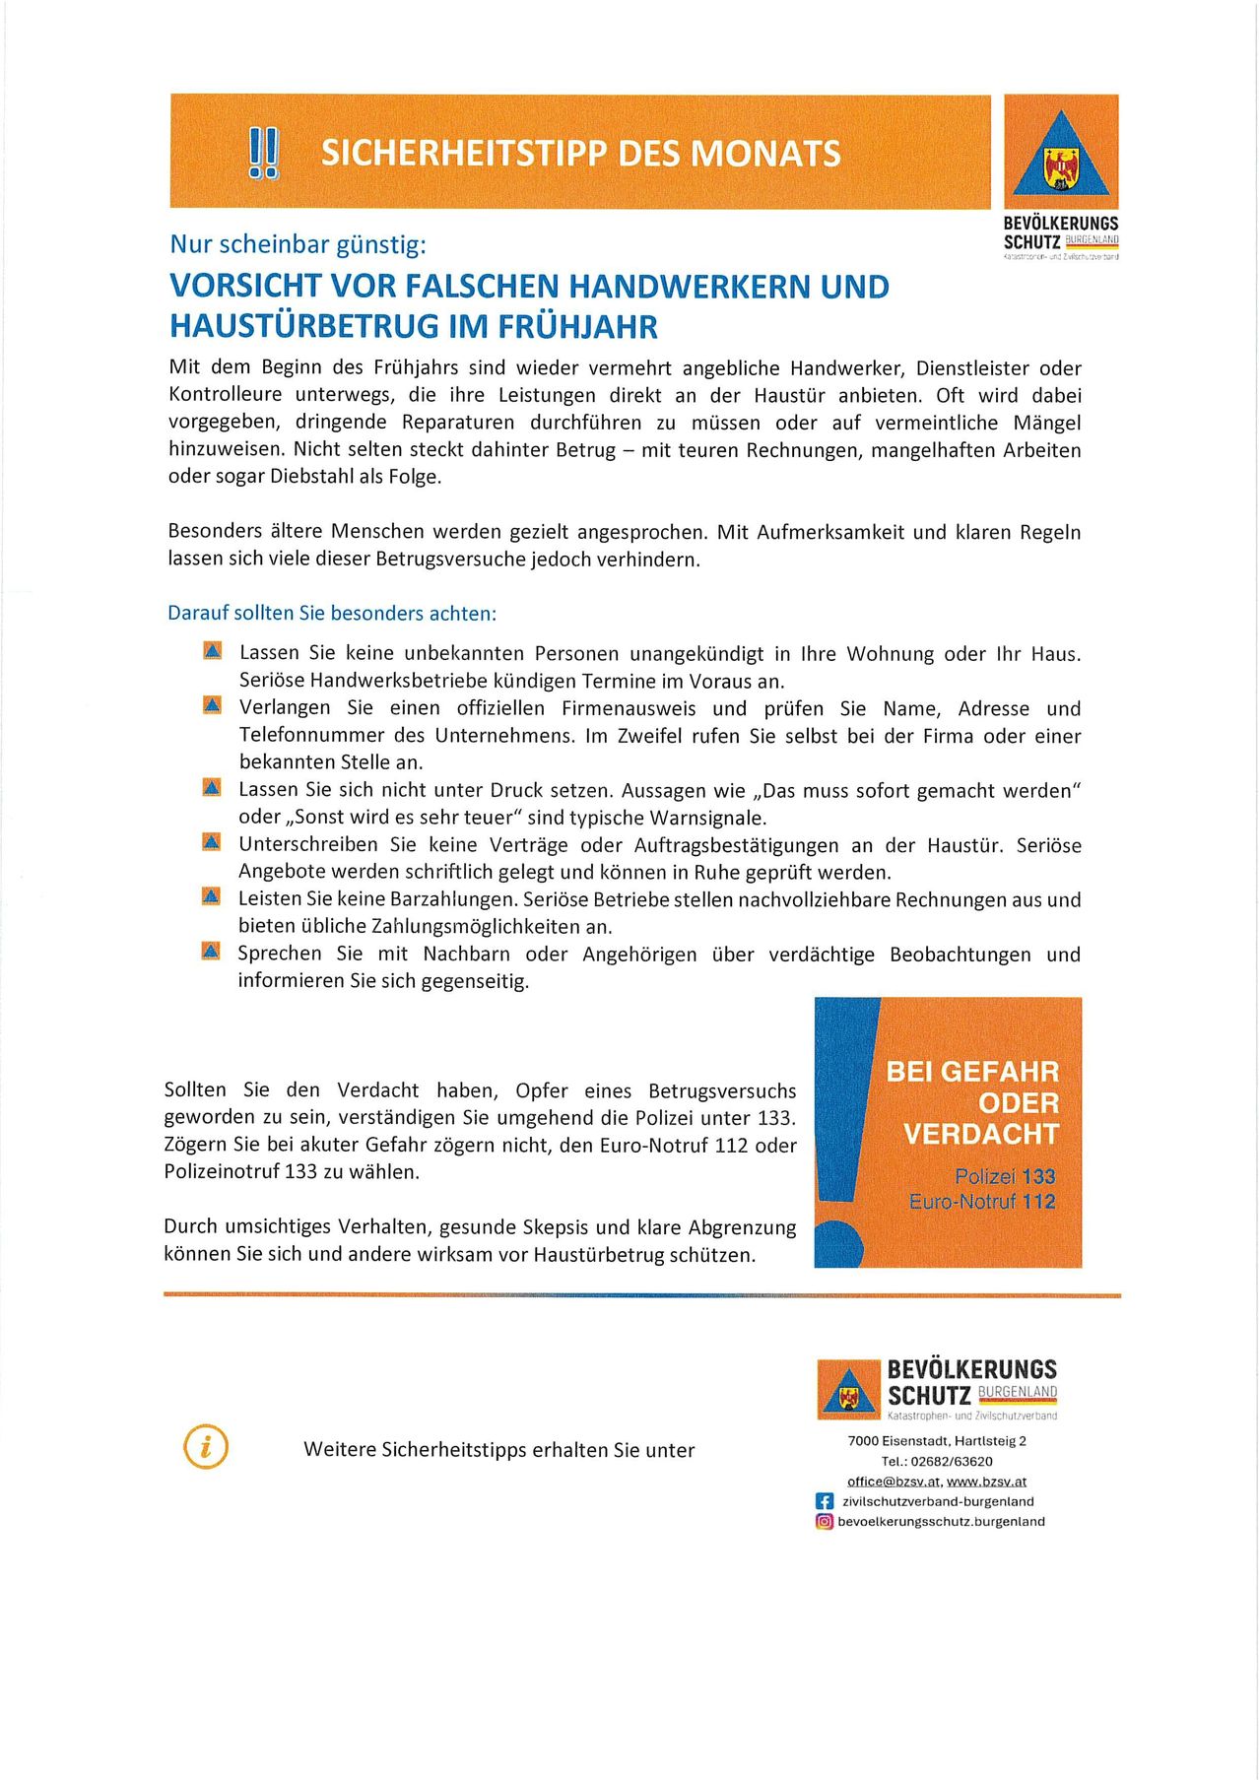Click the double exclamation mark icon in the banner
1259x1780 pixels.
[263, 154]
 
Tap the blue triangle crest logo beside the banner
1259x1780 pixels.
[1061, 156]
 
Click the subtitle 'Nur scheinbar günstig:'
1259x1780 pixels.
[298, 244]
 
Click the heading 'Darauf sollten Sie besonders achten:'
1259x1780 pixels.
[332, 613]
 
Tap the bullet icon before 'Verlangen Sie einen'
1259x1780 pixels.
[212, 705]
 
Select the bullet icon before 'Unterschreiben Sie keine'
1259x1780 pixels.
[212, 842]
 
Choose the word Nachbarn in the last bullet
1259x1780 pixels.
[466, 954]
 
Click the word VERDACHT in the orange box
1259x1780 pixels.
[980, 1134]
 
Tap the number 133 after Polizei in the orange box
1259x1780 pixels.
[1038, 1176]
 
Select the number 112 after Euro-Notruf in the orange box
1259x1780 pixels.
[1038, 1202]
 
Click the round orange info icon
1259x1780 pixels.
[206, 1447]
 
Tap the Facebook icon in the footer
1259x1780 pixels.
[825, 1501]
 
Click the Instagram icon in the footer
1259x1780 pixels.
[825, 1521]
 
